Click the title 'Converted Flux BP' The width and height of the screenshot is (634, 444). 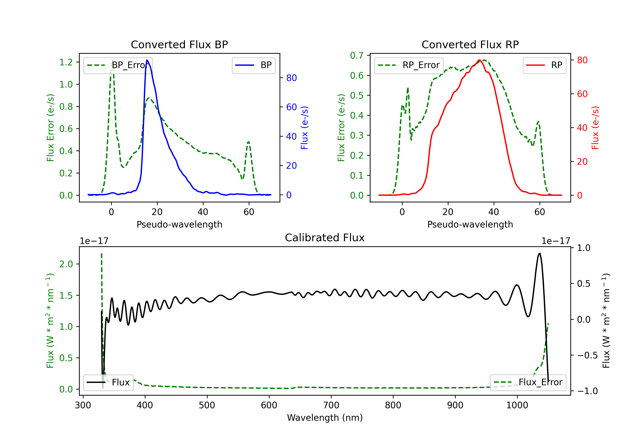coord(179,44)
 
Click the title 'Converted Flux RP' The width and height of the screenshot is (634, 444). coord(470,44)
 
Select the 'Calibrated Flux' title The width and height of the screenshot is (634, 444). coord(325,238)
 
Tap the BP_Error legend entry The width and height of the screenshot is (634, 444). coord(118,65)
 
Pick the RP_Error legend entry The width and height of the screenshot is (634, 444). coord(409,65)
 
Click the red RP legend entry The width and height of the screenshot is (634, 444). coord(544,65)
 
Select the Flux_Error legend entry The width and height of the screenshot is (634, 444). coord(528,382)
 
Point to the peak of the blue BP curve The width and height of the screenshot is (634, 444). coord(147,60)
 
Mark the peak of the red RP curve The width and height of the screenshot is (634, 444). coord(479,60)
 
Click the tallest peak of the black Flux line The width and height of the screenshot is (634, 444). coord(540,253)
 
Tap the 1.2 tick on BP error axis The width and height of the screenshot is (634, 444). coord(66,62)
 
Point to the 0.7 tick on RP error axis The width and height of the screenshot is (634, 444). coord(357,56)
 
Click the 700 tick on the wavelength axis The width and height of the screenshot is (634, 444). coord(331,405)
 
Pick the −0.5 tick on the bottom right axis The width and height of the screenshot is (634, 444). coord(587,355)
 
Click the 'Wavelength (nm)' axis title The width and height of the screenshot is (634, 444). coord(325,418)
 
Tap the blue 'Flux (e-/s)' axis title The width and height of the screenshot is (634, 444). coord(304,128)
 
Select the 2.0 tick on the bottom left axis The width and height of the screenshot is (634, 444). coord(66,264)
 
